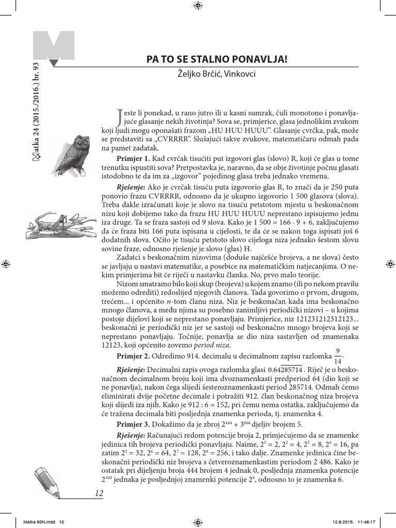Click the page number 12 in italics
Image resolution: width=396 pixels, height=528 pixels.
tap(100, 493)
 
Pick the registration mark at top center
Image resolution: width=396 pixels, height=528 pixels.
tap(198, 6)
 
